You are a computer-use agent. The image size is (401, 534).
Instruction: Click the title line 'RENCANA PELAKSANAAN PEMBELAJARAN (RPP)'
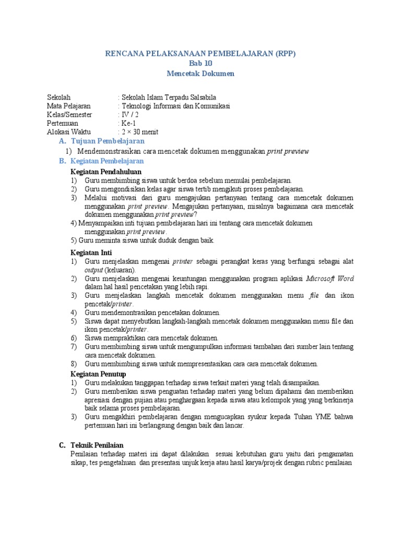(200, 54)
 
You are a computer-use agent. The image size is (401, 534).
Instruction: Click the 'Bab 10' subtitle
(200, 64)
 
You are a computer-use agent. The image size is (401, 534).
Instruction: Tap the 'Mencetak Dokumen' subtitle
(200, 74)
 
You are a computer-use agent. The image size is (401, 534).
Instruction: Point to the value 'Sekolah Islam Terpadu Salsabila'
(168, 98)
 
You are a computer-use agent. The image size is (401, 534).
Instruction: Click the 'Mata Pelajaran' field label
(68, 106)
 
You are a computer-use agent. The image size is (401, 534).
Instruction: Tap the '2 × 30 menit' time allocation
(139, 131)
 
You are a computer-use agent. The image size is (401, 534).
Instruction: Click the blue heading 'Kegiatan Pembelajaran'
(107, 162)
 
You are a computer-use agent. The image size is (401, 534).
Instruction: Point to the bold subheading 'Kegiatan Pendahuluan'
(106, 172)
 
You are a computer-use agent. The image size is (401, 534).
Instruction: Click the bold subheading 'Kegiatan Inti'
(91, 252)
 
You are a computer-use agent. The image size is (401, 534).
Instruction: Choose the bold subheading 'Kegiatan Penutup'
(98, 374)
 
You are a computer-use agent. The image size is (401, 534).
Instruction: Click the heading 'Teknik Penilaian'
(96, 445)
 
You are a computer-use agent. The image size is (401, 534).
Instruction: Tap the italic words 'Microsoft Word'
(329, 278)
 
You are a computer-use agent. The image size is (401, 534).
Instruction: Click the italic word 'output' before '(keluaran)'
(95, 270)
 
